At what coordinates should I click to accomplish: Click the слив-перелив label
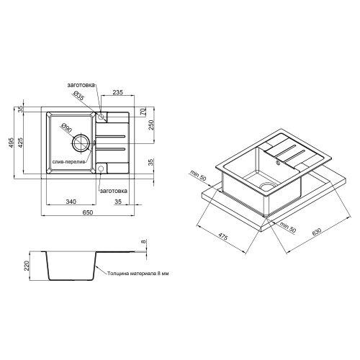69,163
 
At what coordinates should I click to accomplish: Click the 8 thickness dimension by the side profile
144,243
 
